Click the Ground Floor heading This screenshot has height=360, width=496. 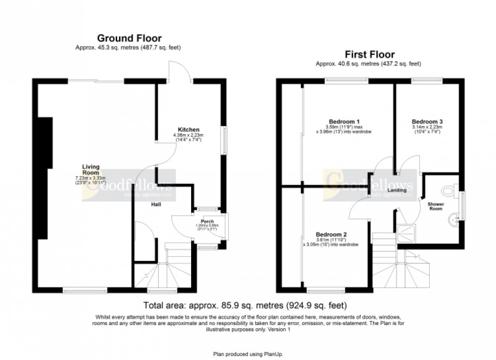pos(129,38)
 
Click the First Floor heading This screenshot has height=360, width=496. pos(370,54)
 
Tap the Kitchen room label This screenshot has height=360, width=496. pos(188,130)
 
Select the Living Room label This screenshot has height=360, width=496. pos(90,170)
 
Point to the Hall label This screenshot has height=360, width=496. pos(155,204)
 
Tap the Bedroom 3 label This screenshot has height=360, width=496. pos(427,121)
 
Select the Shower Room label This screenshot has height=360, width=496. pos(435,206)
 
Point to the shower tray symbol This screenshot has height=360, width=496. pos(406,234)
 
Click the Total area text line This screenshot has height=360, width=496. pos(245,306)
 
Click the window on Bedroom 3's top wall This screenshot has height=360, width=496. pos(427,81)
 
